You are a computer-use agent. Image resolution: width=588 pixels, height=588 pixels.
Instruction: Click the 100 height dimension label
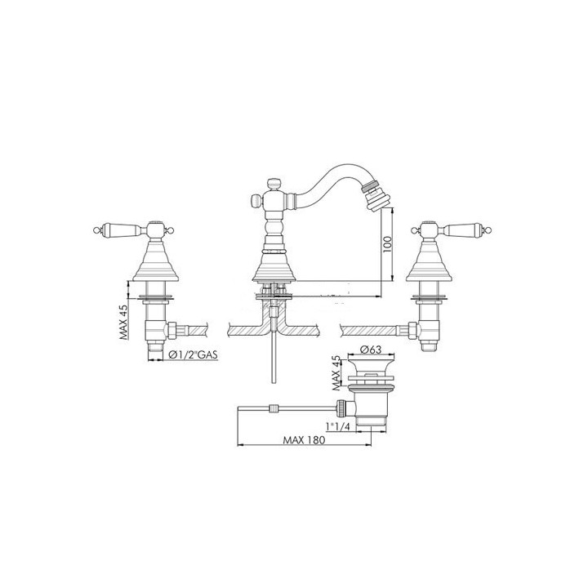388,244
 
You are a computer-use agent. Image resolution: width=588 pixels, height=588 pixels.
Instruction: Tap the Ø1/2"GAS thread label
193,354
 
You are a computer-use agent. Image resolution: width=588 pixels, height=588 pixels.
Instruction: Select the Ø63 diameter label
371,350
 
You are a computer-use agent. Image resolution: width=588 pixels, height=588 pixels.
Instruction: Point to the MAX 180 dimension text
304,440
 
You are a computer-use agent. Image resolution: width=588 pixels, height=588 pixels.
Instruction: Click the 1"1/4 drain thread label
337,427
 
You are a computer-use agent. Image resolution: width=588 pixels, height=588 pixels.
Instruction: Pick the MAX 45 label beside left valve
124,322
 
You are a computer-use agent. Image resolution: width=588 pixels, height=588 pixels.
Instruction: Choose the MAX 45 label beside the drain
336,373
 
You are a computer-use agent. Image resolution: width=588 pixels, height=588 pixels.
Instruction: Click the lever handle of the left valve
121,229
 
